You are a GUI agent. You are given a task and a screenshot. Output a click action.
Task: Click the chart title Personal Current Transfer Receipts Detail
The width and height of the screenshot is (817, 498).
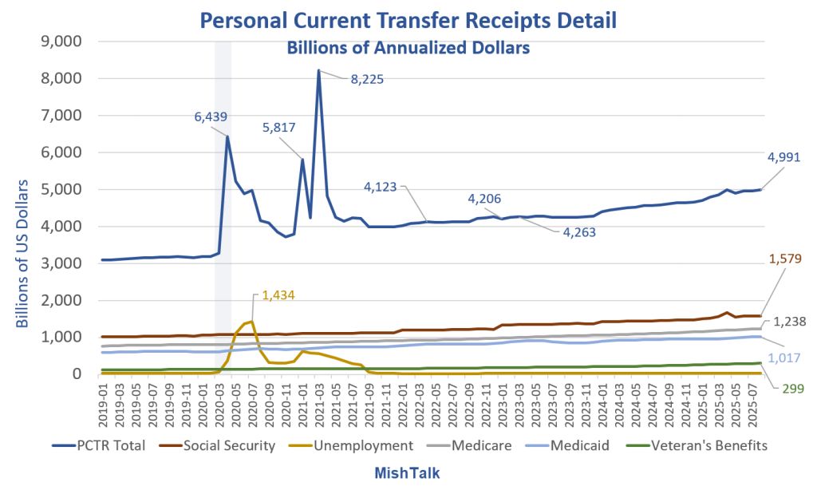(x=408, y=19)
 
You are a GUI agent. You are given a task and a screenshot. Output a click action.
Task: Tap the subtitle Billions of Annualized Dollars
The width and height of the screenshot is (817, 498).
(x=408, y=48)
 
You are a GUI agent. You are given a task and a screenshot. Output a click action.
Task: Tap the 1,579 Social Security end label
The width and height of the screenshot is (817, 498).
(x=787, y=259)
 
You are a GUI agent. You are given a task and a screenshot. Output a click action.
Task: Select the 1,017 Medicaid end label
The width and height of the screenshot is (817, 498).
(x=787, y=358)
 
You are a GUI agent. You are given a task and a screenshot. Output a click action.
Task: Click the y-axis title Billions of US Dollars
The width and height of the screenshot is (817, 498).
(x=24, y=254)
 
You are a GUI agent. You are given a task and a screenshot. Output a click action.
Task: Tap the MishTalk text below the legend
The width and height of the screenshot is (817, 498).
(x=407, y=473)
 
